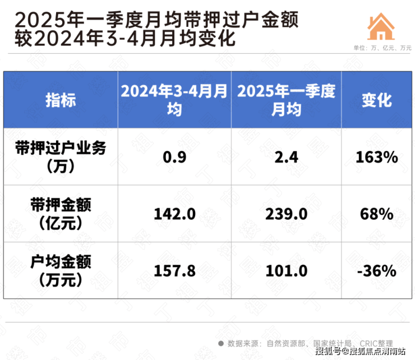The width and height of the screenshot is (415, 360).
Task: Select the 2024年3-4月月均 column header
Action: [x=174, y=100]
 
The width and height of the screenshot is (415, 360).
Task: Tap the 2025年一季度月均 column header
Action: [x=286, y=100]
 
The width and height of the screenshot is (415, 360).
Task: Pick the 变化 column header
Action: [x=376, y=100]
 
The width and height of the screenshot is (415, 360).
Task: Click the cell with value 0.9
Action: [x=174, y=157]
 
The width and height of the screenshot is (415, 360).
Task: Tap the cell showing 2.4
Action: [x=286, y=157]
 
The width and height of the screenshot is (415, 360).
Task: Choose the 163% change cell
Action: [x=376, y=157]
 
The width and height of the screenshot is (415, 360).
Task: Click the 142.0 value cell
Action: [x=174, y=214]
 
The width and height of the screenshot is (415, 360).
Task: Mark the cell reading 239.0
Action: [x=286, y=214]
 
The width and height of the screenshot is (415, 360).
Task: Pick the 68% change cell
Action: [x=376, y=214]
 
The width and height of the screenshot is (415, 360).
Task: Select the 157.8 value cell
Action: [x=174, y=271]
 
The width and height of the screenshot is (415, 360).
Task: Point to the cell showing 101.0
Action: [x=286, y=271]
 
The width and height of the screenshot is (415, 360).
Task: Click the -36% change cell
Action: [x=376, y=271]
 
